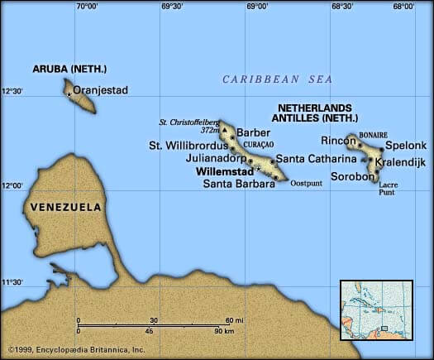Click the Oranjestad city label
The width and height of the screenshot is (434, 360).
101,90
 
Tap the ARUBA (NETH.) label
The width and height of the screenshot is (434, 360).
69,69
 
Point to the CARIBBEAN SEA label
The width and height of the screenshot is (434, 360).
277,79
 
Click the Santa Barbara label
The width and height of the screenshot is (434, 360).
238,184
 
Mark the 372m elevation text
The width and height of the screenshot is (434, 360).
209,130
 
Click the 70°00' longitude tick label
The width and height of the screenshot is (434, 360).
87,6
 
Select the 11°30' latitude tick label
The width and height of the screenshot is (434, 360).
12,282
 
